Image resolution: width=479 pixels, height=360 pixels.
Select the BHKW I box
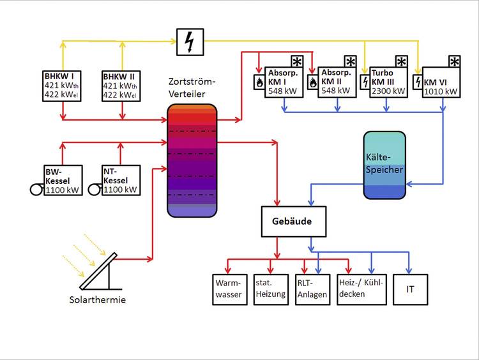[x=63, y=87]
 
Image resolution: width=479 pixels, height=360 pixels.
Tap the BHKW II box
[x=121, y=87]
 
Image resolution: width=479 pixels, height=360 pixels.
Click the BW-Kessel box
[x=63, y=180]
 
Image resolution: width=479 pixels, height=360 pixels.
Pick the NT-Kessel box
[x=121, y=180]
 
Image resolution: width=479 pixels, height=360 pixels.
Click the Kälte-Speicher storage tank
[x=384, y=164]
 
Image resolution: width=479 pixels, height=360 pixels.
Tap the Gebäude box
[x=294, y=221]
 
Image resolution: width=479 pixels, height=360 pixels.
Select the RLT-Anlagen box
[x=312, y=289]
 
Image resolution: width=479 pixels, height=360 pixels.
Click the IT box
[x=410, y=289]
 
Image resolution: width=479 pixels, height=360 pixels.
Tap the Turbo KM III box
[x=388, y=82]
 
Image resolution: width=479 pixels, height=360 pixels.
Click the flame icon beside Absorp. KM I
[x=259, y=82]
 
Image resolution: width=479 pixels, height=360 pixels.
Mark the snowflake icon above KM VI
[x=454, y=61]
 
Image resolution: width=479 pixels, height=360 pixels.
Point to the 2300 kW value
[x=388, y=91]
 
